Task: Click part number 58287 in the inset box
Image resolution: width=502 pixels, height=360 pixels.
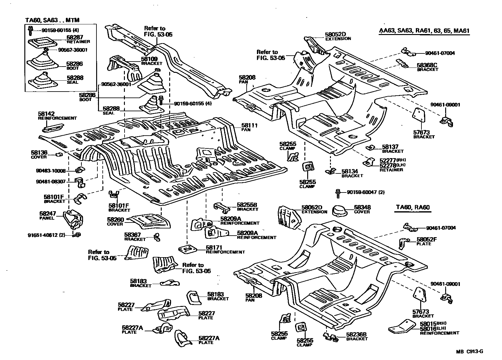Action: point(75,37)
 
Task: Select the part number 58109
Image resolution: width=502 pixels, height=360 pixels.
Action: point(149,58)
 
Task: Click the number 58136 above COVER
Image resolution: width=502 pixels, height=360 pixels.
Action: point(39,152)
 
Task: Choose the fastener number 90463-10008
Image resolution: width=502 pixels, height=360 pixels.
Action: point(51,171)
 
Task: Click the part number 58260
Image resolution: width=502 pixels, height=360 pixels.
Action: point(115,220)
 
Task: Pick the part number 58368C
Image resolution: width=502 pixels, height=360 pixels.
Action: point(427,65)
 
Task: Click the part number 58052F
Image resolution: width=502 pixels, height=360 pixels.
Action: point(427,240)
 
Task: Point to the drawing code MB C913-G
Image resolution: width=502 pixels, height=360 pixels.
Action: point(469,351)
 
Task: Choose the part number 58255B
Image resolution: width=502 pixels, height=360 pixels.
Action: point(247,205)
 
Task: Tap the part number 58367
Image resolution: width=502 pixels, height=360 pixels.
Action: point(132,235)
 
